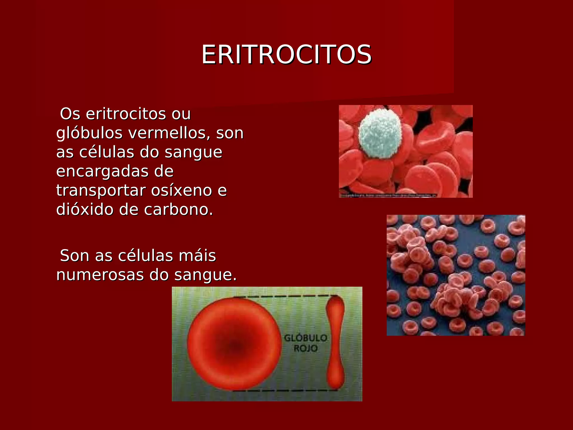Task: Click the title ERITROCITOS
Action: point(286,55)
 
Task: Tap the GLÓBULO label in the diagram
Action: point(306,338)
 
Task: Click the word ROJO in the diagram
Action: point(306,349)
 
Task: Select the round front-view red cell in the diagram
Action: point(234,344)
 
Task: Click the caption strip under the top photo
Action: point(388,196)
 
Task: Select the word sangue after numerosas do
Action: point(205,275)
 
